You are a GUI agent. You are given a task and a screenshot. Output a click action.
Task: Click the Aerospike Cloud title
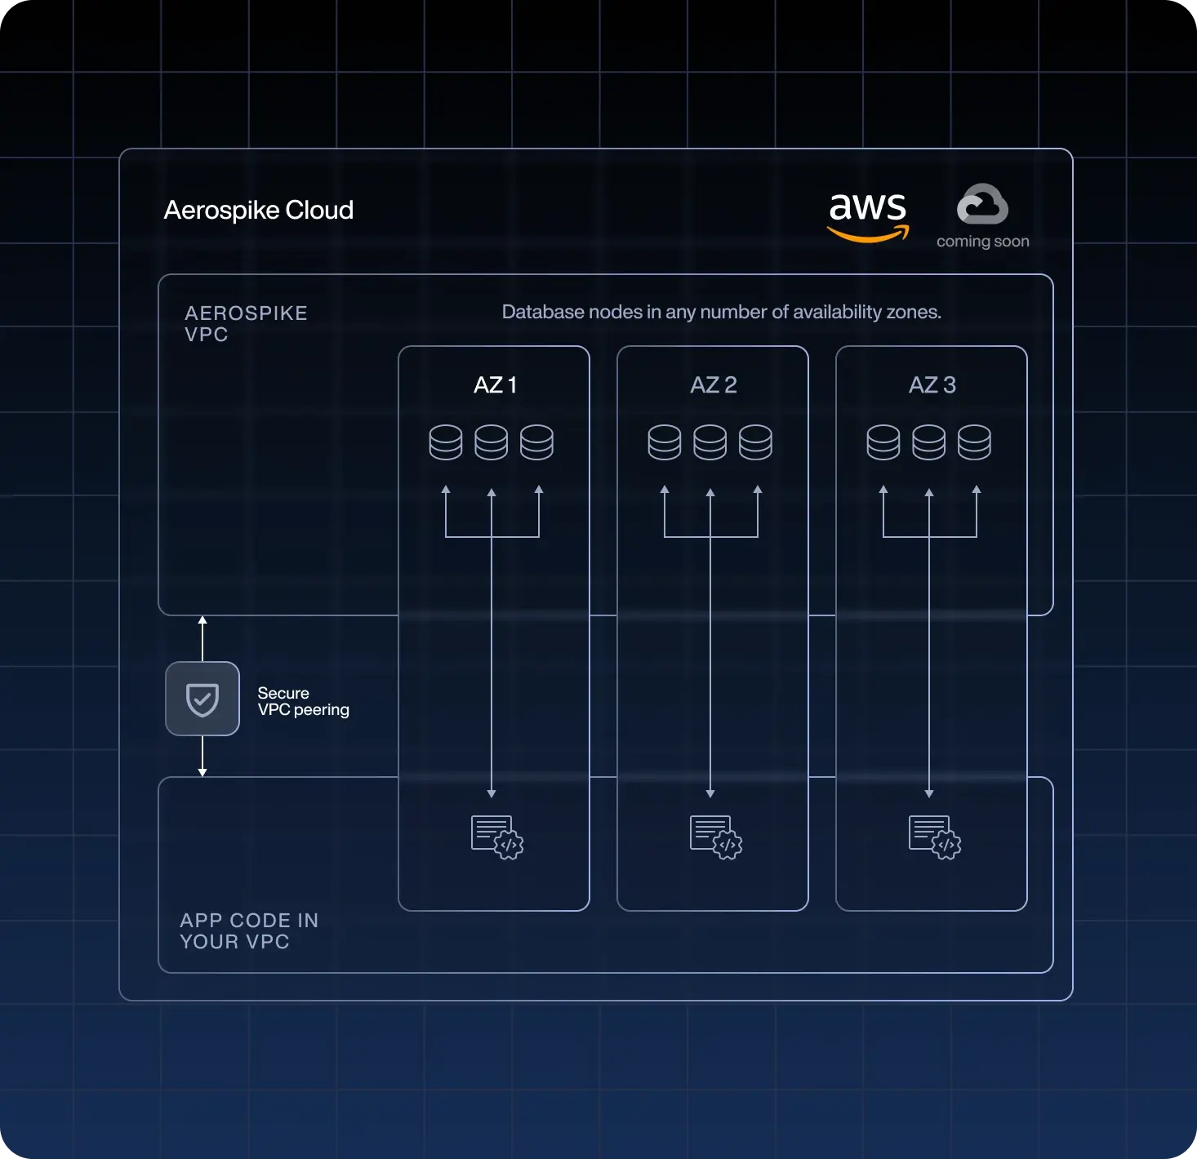point(258,210)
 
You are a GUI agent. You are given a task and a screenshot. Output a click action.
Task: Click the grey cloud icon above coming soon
point(982,204)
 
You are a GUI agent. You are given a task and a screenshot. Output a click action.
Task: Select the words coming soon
point(982,242)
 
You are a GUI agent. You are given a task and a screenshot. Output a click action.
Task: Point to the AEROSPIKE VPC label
point(246,324)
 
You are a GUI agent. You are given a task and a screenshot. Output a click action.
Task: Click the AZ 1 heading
point(495,385)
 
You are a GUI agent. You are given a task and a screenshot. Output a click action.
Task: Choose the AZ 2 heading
point(713,385)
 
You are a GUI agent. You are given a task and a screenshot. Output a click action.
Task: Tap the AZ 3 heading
point(932,385)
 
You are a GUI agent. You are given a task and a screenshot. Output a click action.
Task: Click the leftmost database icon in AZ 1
point(446,442)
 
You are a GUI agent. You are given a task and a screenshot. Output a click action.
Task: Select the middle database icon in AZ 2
point(710,442)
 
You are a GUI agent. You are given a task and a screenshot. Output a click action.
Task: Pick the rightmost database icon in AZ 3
point(974,442)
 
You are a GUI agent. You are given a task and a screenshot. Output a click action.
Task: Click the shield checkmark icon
point(202,699)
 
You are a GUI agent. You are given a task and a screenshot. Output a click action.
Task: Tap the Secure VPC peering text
point(303,701)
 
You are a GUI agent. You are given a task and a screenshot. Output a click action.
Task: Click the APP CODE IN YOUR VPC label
point(249,930)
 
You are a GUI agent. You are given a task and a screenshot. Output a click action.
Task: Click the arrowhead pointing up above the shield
point(202,621)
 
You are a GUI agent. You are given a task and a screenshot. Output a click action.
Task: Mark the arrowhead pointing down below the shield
point(202,771)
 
